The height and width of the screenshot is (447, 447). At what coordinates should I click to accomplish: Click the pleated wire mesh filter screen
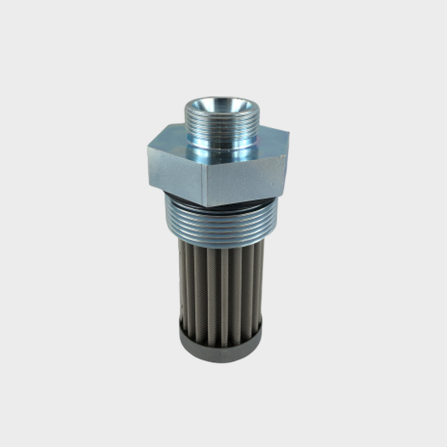click(x=221, y=285)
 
